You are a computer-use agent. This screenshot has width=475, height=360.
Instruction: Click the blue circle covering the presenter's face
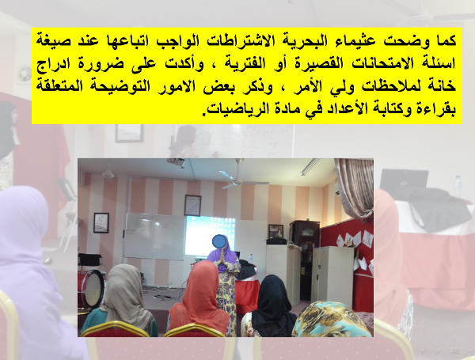(219, 241)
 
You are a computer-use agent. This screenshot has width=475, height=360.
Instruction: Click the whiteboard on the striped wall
(154, 236)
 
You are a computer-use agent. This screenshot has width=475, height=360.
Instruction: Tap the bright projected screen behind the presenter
(211, 234)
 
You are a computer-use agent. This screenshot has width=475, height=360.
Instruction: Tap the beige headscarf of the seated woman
(127, 294)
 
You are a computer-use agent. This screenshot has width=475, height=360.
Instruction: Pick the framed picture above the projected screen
(192, 205)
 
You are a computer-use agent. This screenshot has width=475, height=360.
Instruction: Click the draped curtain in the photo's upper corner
(355, 188)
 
